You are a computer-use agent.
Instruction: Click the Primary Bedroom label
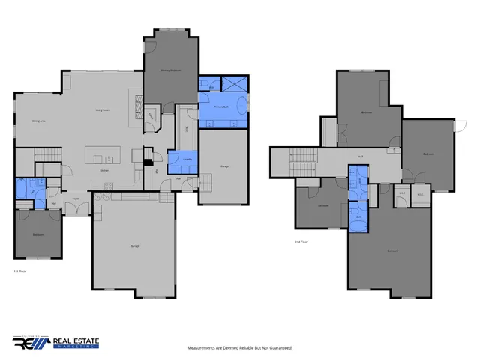pos(171,70)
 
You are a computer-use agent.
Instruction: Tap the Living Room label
pos(103,110)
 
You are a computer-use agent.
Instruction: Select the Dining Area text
pos(39,121)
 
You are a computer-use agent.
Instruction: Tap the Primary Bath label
pos(220,107)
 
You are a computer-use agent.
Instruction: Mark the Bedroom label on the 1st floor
pos(37,235)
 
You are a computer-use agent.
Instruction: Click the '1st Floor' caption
pos(20,271)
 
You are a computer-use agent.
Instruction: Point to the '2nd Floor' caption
pos(302,241)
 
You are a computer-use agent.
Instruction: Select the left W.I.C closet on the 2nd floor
pos(402,194)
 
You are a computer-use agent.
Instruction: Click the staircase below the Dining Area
pos(46,155)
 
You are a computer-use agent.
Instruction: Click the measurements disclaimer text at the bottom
pos(239,348)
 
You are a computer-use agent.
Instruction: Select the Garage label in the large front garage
pos(135,246)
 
